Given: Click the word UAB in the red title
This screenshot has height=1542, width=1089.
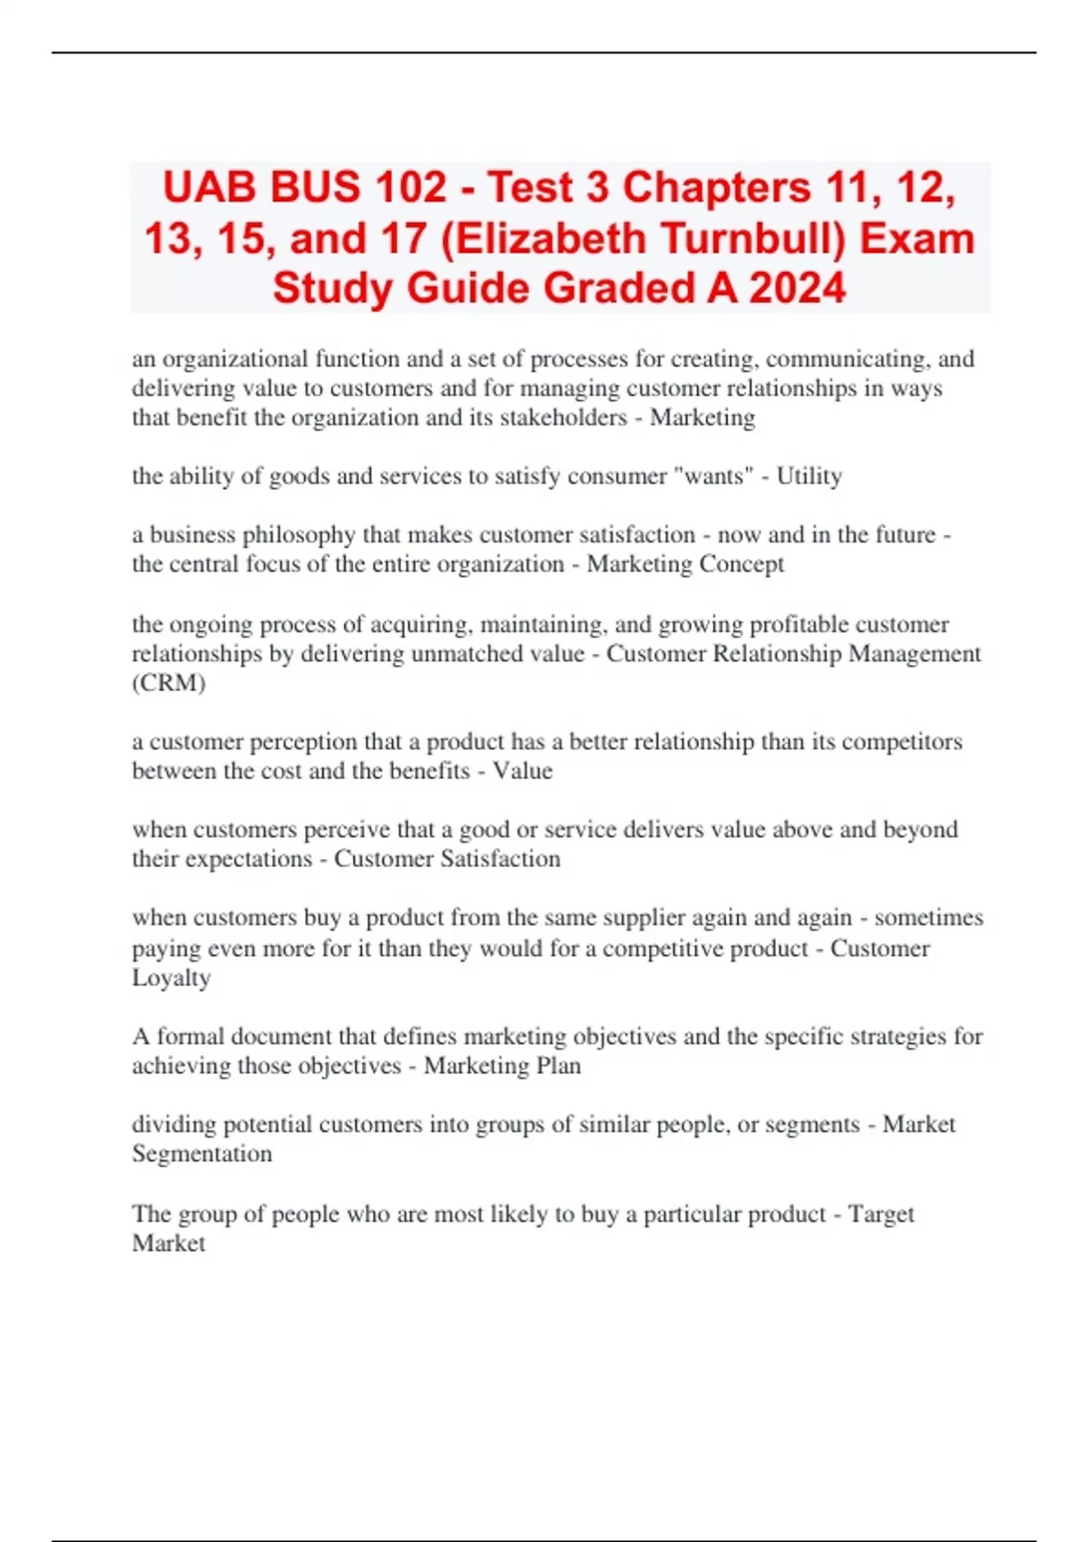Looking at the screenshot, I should tap(207, 189).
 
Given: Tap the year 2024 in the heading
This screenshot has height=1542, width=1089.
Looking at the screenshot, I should tap(798, 288).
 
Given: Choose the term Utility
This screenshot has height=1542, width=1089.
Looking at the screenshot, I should tap(809, 476).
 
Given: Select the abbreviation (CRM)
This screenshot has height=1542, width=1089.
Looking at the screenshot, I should tap(169, 683).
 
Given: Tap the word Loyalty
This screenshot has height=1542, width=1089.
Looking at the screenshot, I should tap(171, 978).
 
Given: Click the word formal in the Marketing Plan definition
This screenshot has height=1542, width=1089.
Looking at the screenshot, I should tap(192, 1037).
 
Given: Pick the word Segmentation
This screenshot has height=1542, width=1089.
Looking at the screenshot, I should tap(201, 1154).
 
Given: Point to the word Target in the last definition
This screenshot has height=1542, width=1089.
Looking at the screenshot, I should tap(880, 1214).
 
